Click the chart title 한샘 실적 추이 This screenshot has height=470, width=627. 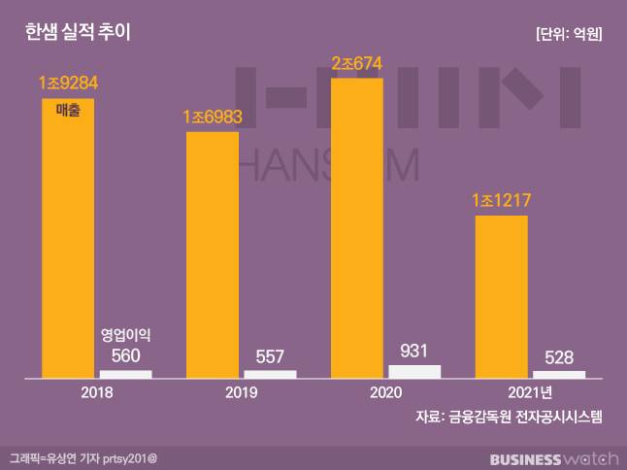pyautogui.click(x=78, y=33)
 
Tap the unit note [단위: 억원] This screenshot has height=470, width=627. pyautogui.click(x=569, y=34)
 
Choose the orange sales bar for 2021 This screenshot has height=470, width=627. pyautogui.click(x=501, y=296)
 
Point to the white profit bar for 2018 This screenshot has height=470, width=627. pyautogui.click(x=126, y=373)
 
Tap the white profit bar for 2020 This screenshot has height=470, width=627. pyautogui.click(x=414, y=370)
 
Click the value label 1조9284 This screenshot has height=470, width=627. pyautogui.click(x=69, y=84)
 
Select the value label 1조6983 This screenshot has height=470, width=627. pyautogui.click(x=213, y=117)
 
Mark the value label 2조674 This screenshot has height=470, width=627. pyautogui.click(x=357, y=64)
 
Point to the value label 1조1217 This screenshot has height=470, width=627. pyautogui.click(x=502, y=202)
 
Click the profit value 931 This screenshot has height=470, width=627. pyautogui.click(x=414, y=351)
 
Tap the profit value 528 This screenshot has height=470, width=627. pyautogui.click(x=559, y=356)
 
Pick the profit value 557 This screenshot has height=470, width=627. pyautogui.click(x=270, y=355)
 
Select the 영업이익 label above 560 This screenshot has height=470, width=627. pyautogui.click(x=126, y=335)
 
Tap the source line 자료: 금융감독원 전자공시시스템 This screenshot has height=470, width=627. pyautogui.click(x=509, y=417)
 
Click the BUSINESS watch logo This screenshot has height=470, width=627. pyautogui.click(x=552, y=457)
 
